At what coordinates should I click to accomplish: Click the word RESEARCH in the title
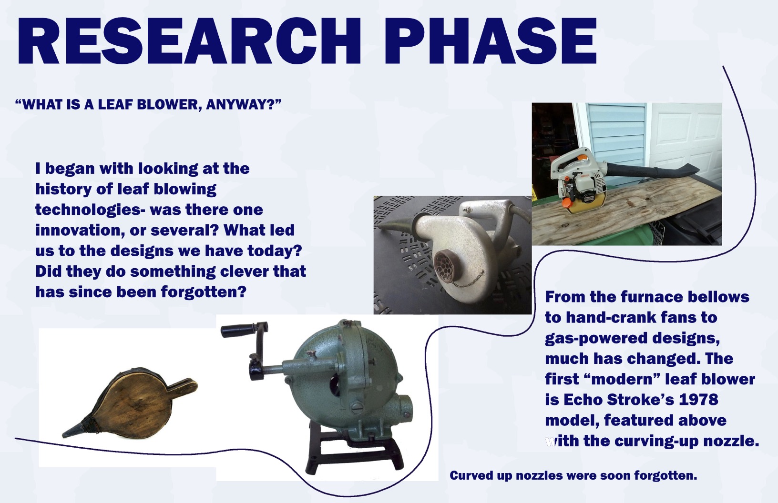click(190, 40)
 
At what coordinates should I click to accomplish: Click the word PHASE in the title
click(495, 40)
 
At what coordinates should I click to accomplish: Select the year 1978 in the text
click(698, 400)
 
